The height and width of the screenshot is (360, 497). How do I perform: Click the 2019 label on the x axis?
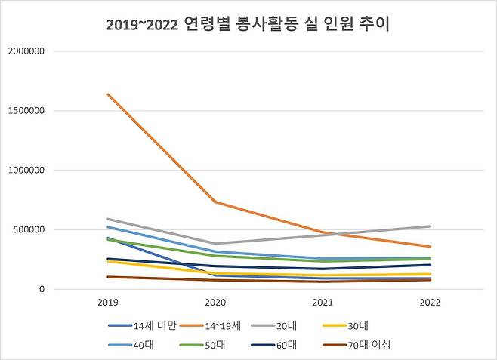(x=109, y=303)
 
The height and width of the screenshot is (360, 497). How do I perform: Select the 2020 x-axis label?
(x=216, y=303)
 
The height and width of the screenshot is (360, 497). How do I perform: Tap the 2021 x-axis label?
(x=323, y=303)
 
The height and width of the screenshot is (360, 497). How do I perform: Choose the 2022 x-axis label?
(x=431, y=303)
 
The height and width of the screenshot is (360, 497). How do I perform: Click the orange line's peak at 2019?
(x=109, y=94)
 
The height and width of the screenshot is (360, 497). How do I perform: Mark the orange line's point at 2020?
(x=216, y=202)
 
